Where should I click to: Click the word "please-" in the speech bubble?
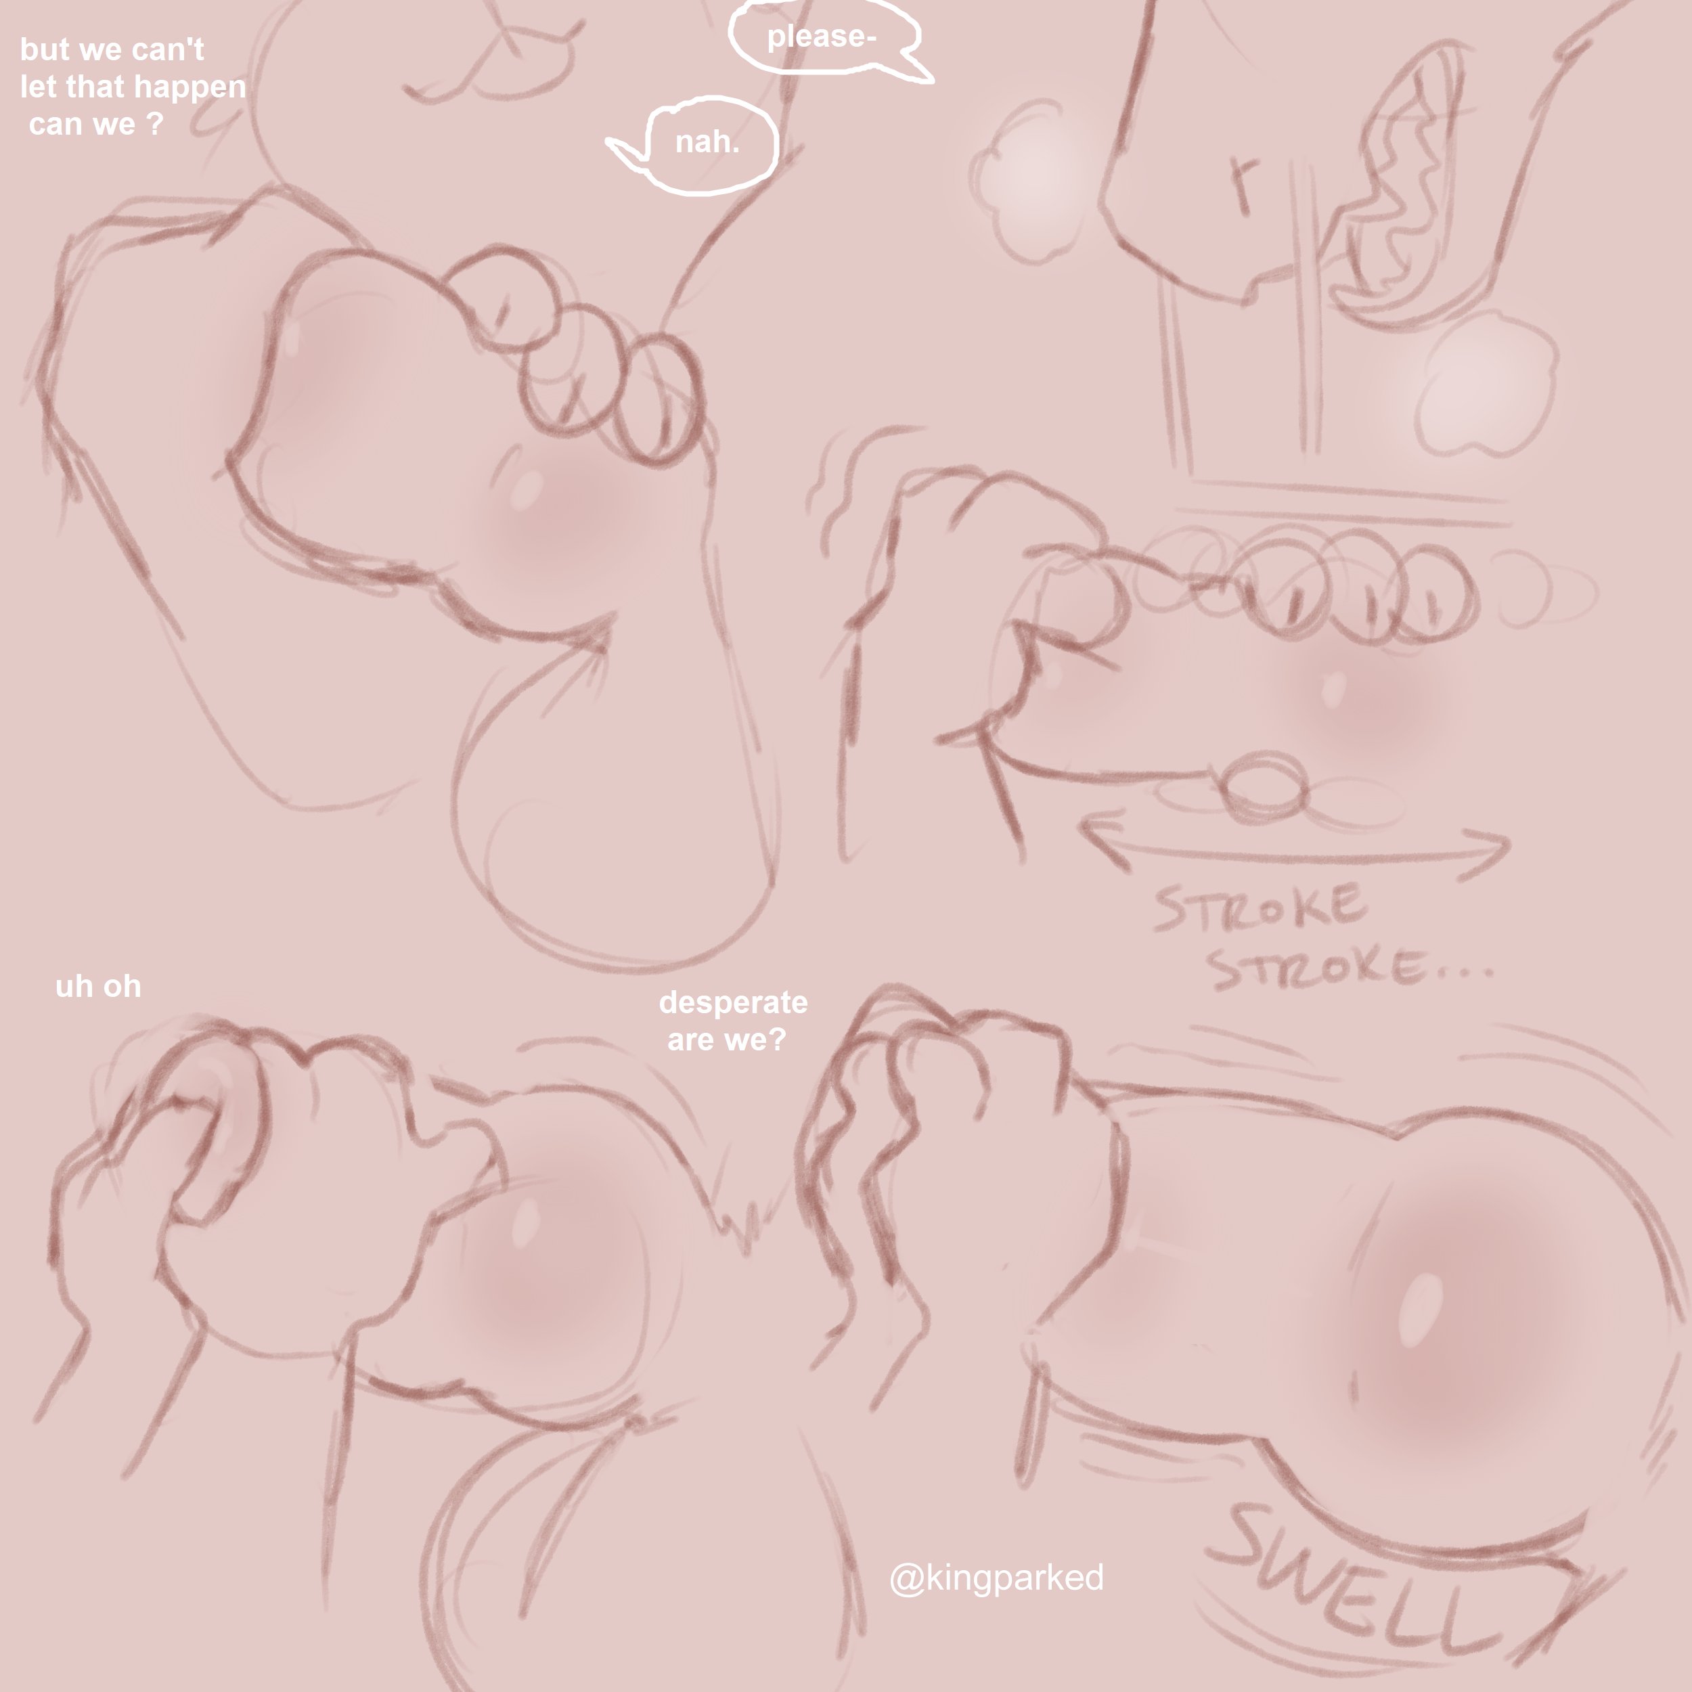[822, 37]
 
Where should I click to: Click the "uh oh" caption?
[98, 986]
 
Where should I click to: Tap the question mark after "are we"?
[777, 1040]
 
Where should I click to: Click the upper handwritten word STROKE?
[1258, 908]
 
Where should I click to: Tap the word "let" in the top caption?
[37, 87]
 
